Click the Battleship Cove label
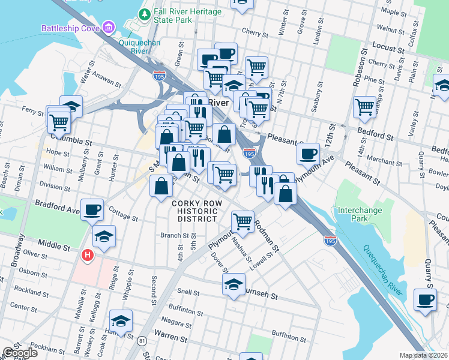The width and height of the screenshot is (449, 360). click(x=70, y=28)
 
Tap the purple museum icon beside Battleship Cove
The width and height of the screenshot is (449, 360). click(x=108, y=27)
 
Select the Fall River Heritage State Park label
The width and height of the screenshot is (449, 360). click(x=187, y=16)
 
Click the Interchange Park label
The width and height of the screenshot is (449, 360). click(x=360, y=215)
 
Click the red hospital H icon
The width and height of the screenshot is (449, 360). click(x=88, y=256)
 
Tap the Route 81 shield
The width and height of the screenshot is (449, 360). click(x=142, y=341)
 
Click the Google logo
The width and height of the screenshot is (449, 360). click(x=19, y=353)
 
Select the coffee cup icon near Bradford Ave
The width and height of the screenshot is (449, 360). click(x=92, y=210)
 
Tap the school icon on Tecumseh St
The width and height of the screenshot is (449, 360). click(x=234, y=284)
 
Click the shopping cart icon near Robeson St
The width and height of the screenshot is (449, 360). click(x=364, y=107)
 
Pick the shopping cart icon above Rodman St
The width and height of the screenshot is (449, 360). click(x=243, y=221)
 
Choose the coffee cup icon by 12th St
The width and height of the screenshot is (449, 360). click(x=308, y=153)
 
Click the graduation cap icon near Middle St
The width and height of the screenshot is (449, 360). click(x=104, y=236)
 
